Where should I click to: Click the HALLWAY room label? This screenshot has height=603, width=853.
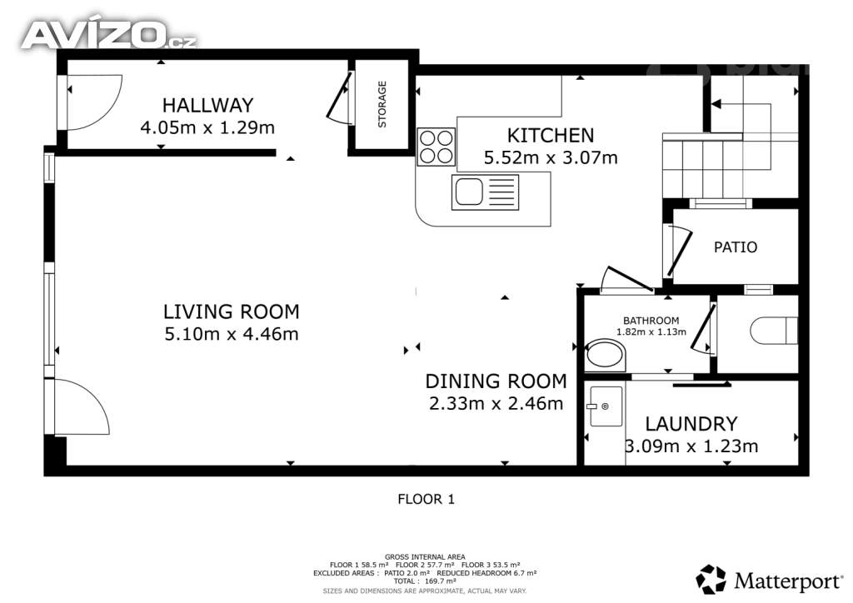click(207, 105)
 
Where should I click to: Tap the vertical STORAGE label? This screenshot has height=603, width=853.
click(382, 104)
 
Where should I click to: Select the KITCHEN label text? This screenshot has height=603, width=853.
click(551, 136)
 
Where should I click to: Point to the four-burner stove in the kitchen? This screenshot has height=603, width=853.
click(436, 147)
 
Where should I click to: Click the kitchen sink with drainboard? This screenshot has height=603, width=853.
click(485, 192)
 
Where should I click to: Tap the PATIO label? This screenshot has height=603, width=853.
click(736, 247)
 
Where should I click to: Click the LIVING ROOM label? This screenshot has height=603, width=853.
click(232, 311)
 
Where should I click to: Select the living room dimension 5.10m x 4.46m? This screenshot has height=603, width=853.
click(232, 333)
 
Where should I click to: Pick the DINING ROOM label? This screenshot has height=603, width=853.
click(496, 381)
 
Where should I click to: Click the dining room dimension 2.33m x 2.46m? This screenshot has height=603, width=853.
click(496, 403)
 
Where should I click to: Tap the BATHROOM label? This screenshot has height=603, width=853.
click(651, 321)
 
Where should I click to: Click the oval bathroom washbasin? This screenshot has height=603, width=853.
click(606, 355)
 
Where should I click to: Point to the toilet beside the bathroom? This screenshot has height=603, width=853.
click(774, 331)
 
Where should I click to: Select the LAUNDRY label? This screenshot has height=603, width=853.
click(691, 424)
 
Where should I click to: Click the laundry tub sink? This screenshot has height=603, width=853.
click(606, 406)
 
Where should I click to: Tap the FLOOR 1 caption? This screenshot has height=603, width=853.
click(426, 499)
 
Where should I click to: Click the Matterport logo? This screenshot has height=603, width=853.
click(769, 580)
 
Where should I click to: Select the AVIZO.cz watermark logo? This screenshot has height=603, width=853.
click(109, 34)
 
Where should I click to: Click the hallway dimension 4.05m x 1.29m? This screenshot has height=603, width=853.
click(207, 127)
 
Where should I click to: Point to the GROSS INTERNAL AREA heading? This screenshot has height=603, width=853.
click(425, 557)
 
